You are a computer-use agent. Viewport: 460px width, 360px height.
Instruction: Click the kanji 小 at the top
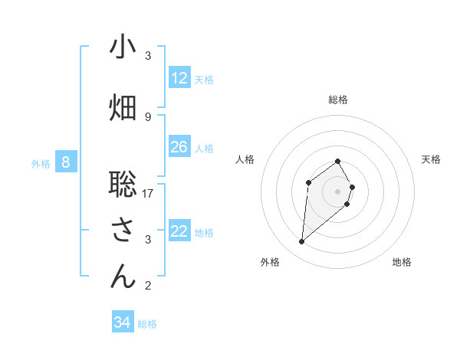(x=123, y=47)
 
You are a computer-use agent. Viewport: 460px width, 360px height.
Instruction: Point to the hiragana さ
(x=123, y=231)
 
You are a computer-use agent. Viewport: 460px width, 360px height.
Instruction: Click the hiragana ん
(x=123, y=277)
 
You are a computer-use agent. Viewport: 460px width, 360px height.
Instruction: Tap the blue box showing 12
(x=179, y=78)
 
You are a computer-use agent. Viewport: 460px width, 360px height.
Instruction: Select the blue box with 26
(x=179, y=147)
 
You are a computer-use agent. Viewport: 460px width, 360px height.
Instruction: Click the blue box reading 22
(x=179, y=231)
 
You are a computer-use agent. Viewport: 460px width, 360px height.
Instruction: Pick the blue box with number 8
(x=66, y=162)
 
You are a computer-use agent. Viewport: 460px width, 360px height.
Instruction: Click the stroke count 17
(x=148, y=194)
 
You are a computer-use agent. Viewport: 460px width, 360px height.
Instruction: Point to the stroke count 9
(x=148, y=116)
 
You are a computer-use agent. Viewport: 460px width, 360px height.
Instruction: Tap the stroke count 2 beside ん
(x=148, y=286)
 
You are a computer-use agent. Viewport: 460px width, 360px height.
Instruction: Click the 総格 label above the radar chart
(x=338, y=100)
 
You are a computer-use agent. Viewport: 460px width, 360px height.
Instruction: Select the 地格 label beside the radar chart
(x=402, y=262)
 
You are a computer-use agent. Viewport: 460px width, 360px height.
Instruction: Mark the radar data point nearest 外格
(x=302, y=242)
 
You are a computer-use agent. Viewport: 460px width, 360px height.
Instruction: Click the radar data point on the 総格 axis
(x=338, y=161)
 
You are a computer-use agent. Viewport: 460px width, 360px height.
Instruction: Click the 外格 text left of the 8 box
(x=41, y=163)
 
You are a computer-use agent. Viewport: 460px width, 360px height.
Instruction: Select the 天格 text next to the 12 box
(x=204, y=79)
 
